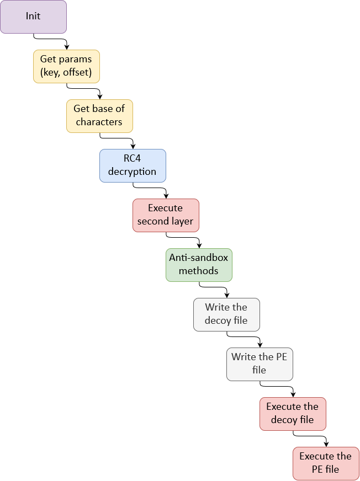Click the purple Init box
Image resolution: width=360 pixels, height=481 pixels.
(x=33, y=17)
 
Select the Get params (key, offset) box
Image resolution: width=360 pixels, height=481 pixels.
(x=66, y=66)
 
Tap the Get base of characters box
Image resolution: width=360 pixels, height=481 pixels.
(x=99, y=116)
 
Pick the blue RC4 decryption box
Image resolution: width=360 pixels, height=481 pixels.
(x=133, y=165)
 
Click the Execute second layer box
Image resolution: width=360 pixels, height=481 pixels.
(x=166, y=215)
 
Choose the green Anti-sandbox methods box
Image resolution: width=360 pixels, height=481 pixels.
(x=199, y=265)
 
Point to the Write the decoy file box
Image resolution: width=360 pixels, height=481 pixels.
(x=226, y=314)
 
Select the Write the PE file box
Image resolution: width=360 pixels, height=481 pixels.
(x=260, y=364)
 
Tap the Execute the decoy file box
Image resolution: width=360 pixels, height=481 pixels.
(x=293, y=414)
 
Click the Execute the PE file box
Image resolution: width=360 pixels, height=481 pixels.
(x=326, y=463)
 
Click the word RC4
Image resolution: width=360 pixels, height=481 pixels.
(x=133, y=159)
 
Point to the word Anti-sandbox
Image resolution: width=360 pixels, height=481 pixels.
(x=199, y=258)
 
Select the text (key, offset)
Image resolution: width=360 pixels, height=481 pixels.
(x=66, y=73)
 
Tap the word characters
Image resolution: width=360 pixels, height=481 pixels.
(x=99, y=122)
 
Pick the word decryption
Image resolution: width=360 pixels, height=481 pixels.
(x=133, y=172)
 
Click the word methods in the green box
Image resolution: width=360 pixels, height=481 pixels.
(x=199, y=271)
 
